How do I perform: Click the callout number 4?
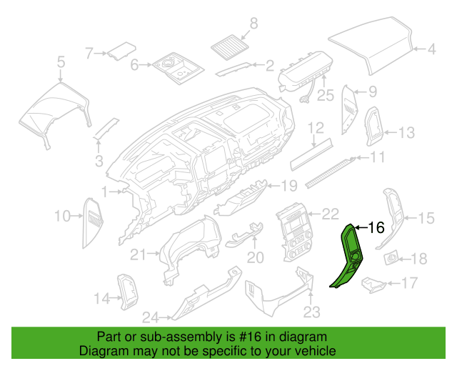tap(431, 49)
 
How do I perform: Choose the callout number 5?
tap(61, 62)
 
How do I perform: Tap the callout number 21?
tap(138, 254)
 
